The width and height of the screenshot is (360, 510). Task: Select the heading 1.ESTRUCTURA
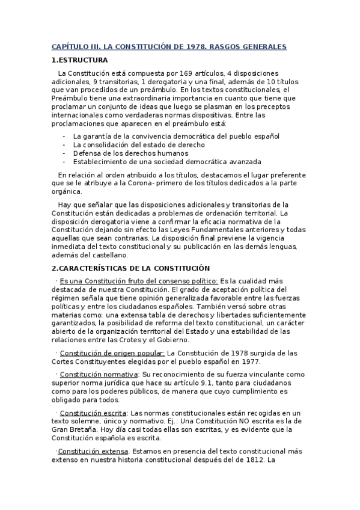(x=80, y=60)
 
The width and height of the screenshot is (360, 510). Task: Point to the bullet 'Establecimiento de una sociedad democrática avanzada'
(x=167, y=162)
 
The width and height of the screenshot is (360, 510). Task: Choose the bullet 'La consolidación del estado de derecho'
(x=139, y=145)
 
